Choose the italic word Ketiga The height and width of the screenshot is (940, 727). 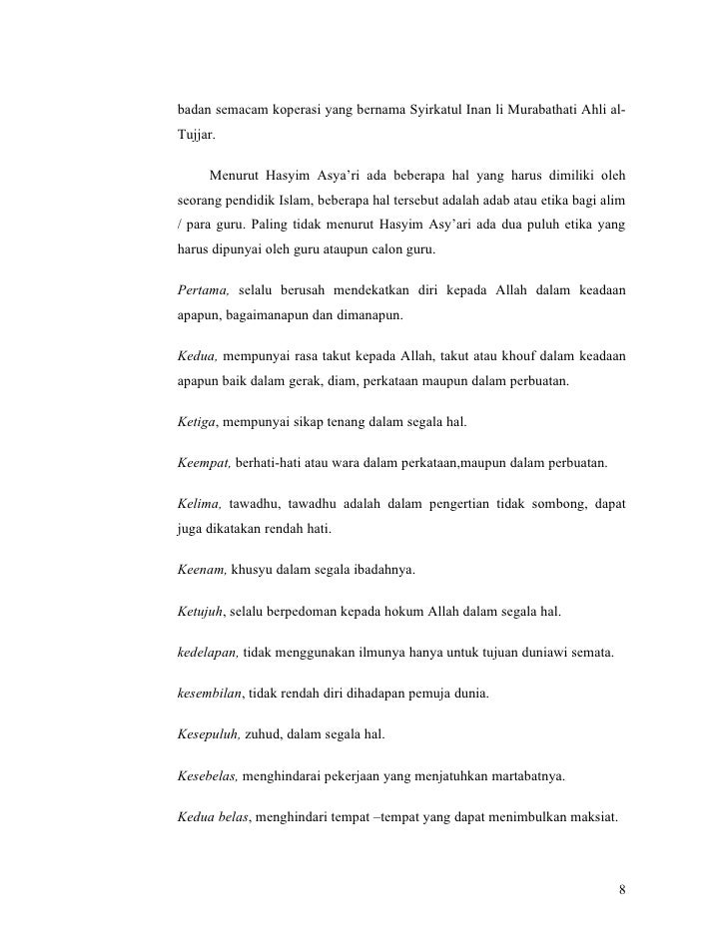pyautogui.click(x=194, y=422)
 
